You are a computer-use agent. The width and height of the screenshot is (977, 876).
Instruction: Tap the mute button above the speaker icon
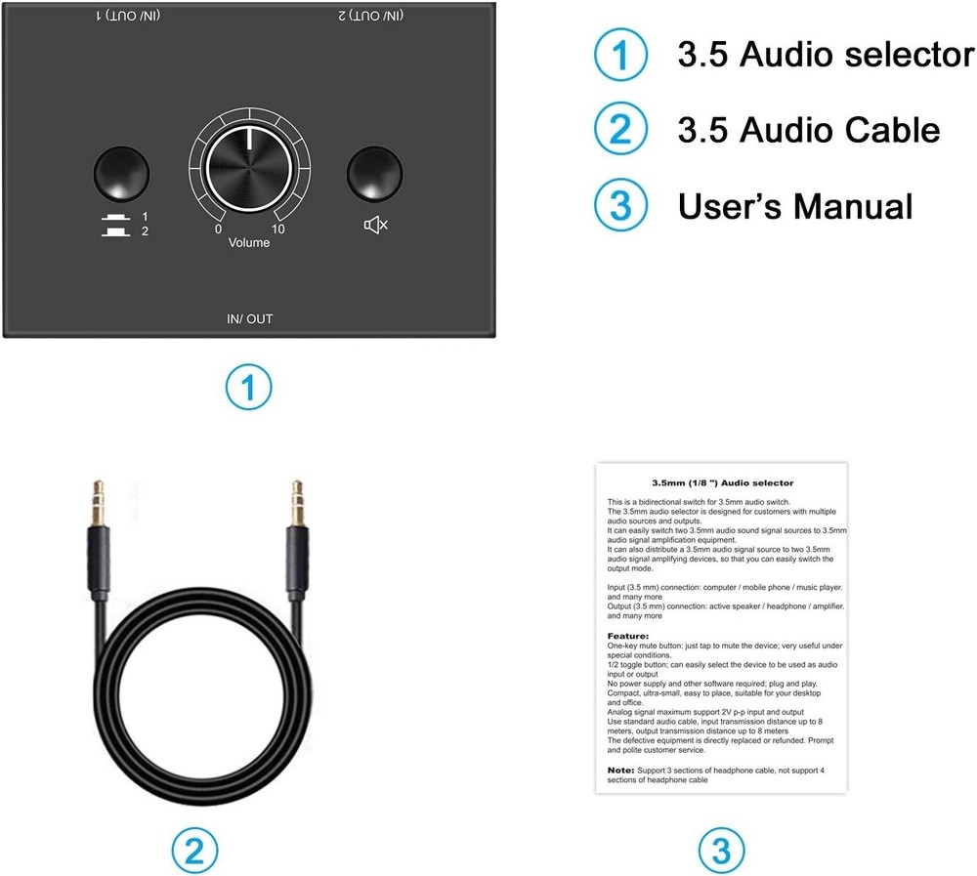375,173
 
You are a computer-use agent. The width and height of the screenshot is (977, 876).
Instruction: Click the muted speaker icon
376,226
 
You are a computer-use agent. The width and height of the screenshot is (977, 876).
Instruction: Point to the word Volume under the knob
249,242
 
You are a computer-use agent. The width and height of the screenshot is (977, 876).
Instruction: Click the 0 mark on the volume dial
218,229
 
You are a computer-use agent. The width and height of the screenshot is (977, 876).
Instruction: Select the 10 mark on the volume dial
278,229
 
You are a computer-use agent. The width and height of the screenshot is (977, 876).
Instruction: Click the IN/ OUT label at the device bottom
249,319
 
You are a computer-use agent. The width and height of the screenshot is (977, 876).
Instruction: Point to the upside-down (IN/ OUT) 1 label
129,16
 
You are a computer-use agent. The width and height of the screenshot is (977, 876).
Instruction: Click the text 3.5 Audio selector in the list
826,56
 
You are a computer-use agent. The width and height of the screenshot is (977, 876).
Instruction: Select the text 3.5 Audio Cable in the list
808,130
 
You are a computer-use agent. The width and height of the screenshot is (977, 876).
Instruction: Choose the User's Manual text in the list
795,206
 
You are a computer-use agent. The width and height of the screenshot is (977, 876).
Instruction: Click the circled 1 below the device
249,389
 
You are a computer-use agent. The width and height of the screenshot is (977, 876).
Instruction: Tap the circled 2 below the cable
195,850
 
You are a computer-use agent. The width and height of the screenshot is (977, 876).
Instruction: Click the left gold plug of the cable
98,502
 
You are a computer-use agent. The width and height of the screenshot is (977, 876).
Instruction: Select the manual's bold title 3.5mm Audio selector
722,482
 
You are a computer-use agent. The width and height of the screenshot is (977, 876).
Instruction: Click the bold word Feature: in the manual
628,636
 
